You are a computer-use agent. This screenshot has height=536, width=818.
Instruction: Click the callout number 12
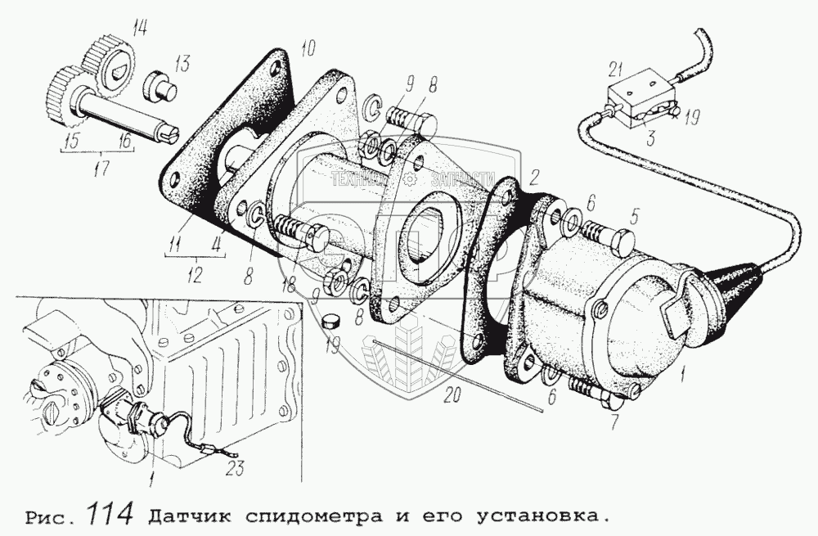(x=194, y=268)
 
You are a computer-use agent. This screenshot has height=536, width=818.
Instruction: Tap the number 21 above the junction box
(x=617, y=70)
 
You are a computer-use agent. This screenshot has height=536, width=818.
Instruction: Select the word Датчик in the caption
(x=185, y=516)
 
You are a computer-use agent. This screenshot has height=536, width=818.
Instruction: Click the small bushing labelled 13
(x=160, y=85)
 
